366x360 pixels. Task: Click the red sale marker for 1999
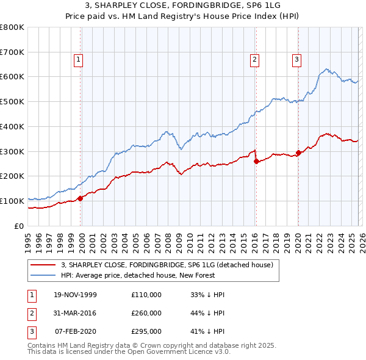81,198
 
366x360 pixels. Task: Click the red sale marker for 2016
256,161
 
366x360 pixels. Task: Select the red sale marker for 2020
298,153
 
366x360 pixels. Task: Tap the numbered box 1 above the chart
79,60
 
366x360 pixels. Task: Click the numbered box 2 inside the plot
254,60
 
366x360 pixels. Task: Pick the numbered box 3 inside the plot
296,60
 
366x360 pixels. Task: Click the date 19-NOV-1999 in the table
76,295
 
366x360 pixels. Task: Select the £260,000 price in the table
146,313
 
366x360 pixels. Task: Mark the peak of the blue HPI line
328,69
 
